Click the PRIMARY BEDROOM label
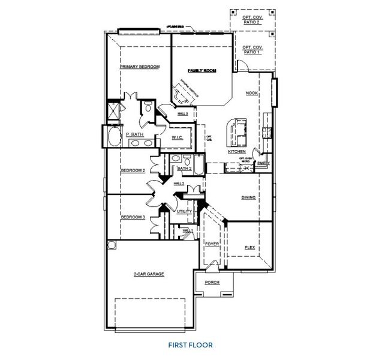point(139,67)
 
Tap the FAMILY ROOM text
point(201,71)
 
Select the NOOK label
point(252,94)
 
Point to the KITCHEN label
point(236,152)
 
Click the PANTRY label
point(263,163)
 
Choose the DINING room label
point(248,197)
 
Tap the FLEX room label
point(250,247)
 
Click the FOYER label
point(212,245)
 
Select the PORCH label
point(212,282)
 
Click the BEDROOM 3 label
point(133,217)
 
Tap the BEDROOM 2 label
point(133,170)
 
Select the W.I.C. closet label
point(177,137)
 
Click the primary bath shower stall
point(112,112)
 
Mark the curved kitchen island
point(231,132)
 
